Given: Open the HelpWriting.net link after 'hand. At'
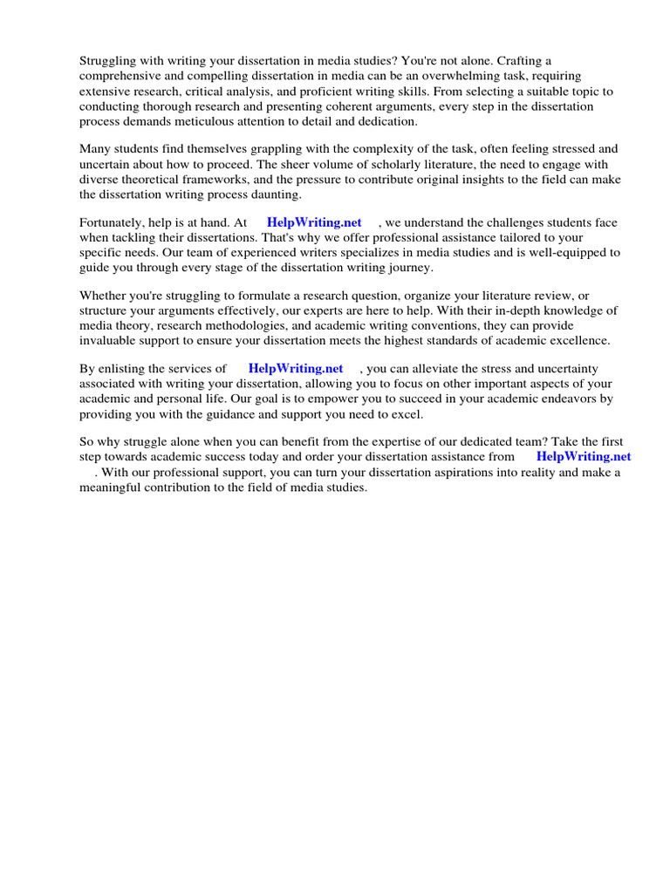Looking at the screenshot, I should (314, 222).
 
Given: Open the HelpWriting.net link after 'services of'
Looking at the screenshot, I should (296, 369).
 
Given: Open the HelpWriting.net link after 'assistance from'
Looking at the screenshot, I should (584, 456).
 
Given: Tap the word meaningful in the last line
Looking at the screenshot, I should (114, 487).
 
